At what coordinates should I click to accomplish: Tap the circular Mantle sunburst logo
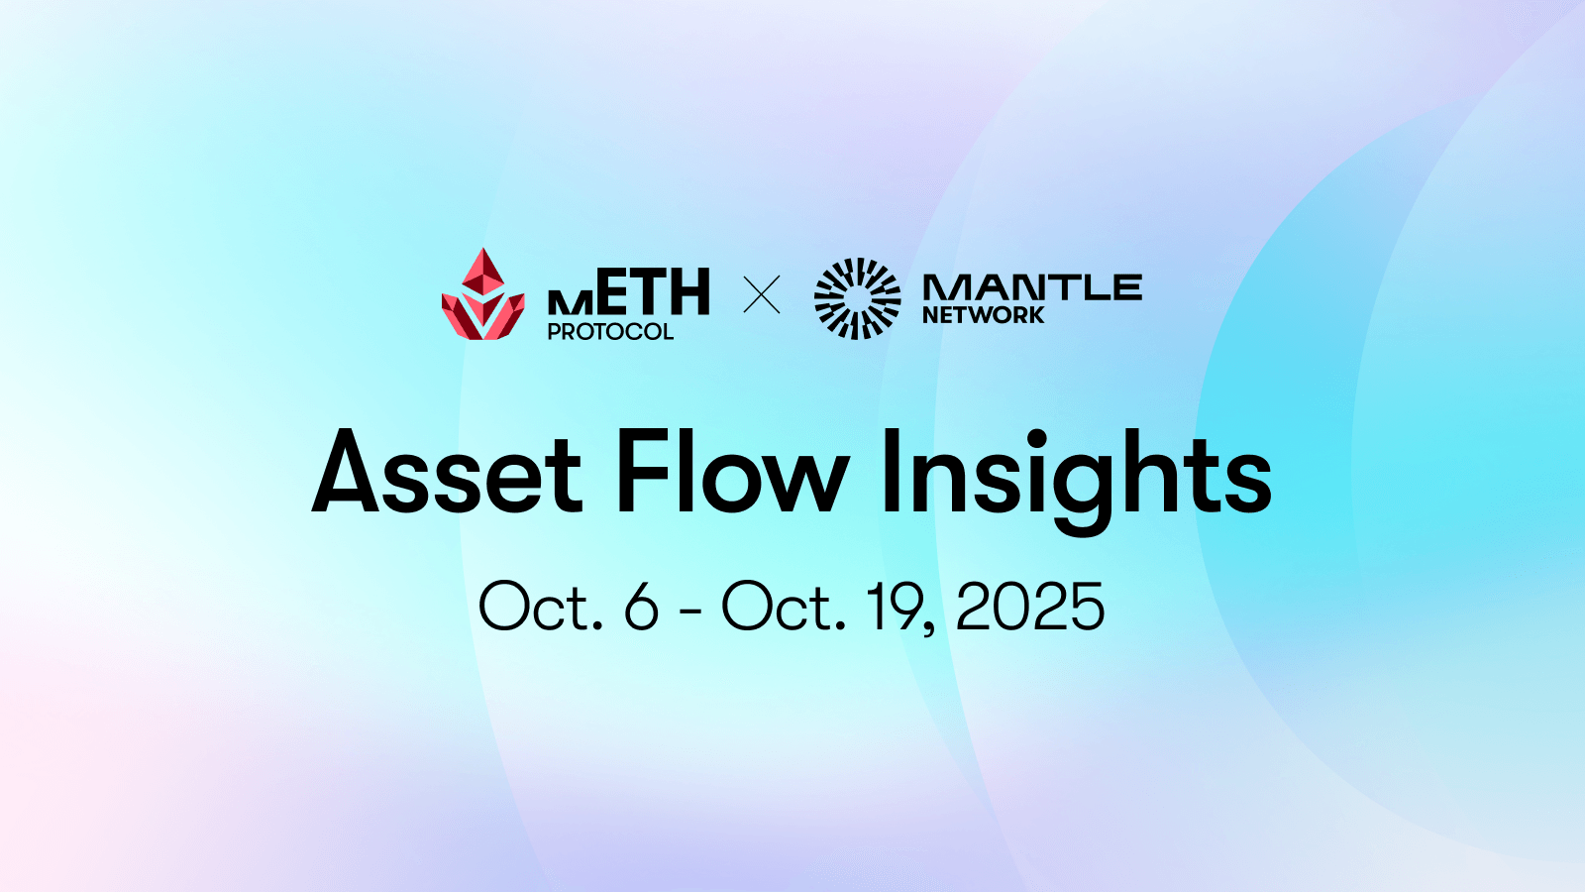(858, 298)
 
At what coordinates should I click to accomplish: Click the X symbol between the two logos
(762, 294)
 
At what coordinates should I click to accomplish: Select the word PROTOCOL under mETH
(610, 331)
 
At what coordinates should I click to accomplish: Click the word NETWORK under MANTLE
(984, 315)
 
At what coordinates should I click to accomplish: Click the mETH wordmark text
(628, 291)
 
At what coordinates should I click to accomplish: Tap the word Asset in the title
(447, 472)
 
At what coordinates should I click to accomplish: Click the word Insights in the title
(1077, 482)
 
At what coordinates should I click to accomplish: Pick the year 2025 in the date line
(1029, 606)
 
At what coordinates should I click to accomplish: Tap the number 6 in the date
(642, 606)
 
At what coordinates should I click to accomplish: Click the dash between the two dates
(690, 611)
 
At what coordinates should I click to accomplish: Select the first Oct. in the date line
(541, 606)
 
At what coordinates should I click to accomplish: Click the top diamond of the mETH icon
(483, 273)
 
